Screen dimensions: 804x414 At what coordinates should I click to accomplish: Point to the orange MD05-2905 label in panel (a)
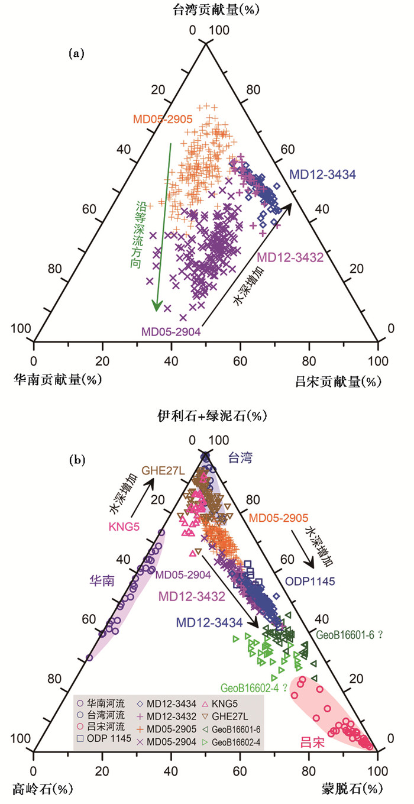tap(162, 119)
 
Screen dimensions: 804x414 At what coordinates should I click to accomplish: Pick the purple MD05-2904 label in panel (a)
tap(171, 332)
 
